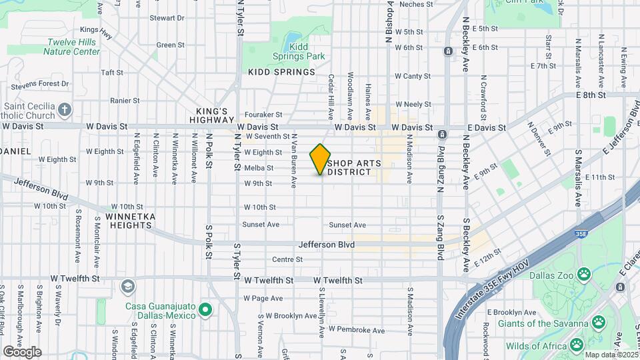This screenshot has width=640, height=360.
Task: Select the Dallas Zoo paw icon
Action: (584, 273)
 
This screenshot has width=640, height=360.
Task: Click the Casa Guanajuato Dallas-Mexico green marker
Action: (205, 310)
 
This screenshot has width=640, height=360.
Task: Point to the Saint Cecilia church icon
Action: (65, 109)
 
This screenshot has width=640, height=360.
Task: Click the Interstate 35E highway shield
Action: (581, 235)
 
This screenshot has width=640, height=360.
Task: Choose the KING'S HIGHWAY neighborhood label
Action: (212, 115)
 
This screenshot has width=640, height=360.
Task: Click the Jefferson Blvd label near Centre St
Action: (327, 245)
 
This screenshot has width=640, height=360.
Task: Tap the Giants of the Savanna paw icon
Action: (599, 324)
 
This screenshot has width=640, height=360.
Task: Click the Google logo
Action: (22, 351)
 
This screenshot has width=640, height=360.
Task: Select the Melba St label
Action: (258, 168)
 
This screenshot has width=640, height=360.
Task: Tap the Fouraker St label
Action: (263, 115)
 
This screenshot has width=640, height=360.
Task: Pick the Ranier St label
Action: (125, 101)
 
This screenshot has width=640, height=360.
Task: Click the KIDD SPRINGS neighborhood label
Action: (281, 71)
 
